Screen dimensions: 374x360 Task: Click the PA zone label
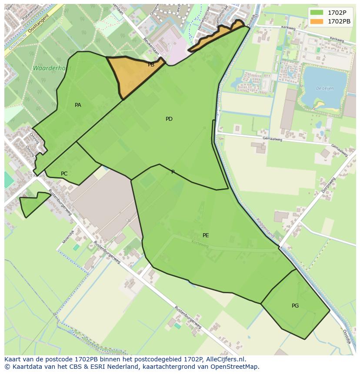78,105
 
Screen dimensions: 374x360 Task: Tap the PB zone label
151,65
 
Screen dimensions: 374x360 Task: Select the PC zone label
64,174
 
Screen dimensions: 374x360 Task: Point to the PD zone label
169,119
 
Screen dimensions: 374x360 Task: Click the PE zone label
206,235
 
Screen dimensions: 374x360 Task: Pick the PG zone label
295,306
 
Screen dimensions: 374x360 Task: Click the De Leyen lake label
324,88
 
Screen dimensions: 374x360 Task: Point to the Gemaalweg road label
273,139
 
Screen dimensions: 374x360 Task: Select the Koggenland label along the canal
265,228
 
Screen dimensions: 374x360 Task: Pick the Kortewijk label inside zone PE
200,245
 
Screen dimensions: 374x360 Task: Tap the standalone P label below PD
173,172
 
